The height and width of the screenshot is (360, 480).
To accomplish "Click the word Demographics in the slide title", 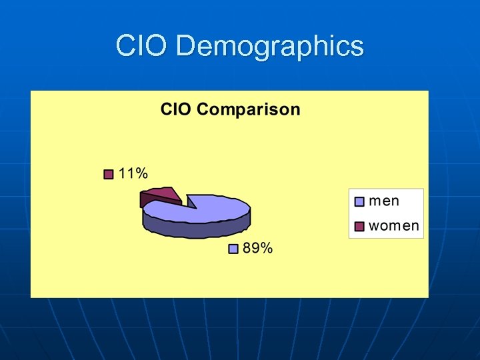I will tap(271, 47).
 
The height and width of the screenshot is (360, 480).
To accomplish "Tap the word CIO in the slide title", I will tap(142, 46).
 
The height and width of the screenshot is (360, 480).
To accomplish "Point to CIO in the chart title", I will tap(176, 109).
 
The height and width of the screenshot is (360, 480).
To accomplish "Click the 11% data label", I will tap(133, 173).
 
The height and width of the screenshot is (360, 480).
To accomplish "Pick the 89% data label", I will tap(257, 248).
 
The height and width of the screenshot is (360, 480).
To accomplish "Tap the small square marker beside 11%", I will tap(109, 175).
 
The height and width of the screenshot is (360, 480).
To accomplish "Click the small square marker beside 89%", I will tap(233, 249).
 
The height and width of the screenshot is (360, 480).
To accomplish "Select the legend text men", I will tap(385, 200).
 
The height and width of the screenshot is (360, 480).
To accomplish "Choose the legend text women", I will tap(394, 225).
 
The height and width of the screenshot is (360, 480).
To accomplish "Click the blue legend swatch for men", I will tap(359, 201).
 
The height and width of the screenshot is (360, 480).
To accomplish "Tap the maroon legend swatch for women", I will tap(359, 227).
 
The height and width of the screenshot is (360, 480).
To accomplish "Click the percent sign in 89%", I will tap(266, 248).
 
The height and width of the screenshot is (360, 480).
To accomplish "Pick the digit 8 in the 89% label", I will tap(246, 248).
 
